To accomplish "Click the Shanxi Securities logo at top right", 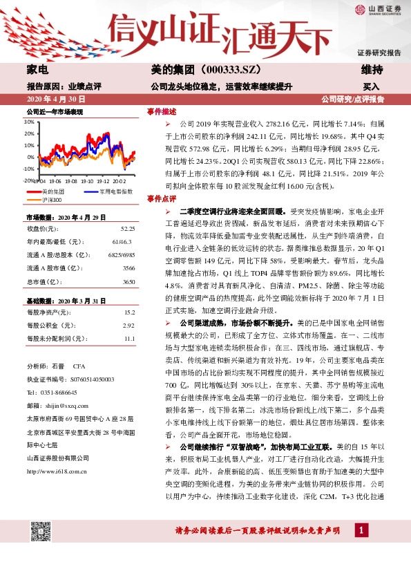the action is (x=379, y=9).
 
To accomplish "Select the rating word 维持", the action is (x=372, y=71).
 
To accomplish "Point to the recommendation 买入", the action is (x=372, y=87).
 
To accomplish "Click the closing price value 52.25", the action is (x=127, y=228).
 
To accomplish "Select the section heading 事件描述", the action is (x=160, y=111).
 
